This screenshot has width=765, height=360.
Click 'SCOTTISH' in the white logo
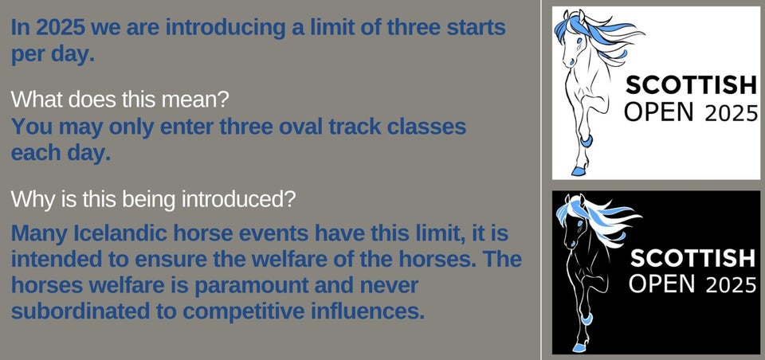click(x=690, y=86)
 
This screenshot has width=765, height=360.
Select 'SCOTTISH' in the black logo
click(x=692, y=258)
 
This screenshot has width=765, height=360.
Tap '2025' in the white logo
click(x=731, y=114)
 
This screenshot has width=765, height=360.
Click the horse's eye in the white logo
click(x=579, y=41)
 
